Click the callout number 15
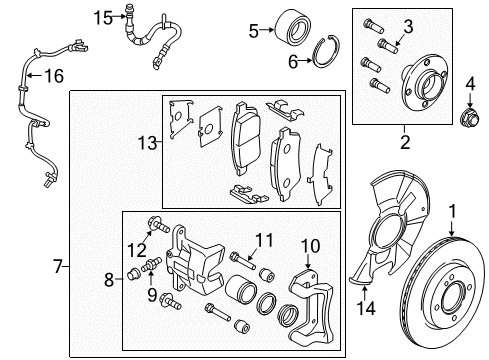point(103,17)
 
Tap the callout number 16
point(54,76)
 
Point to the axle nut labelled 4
point(470,118)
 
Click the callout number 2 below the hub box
point(405,142)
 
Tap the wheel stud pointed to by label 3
point(388,46)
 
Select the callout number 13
point(147,143)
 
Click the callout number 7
point(58,267)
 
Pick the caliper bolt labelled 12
point(159,225)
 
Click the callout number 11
point(264,240)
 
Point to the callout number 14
point(366,308)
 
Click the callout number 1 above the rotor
point(452,211)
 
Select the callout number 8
point(109,280)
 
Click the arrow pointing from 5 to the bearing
point(267,30)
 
